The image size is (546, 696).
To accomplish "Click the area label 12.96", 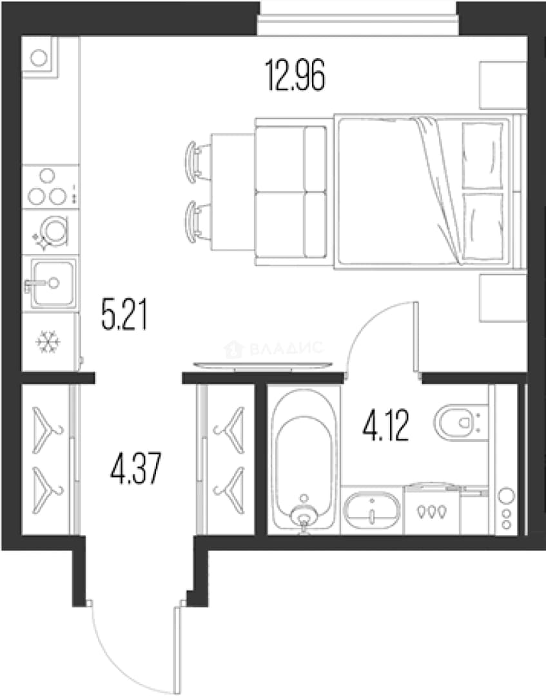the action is pyautogui.click(x=295, y=76).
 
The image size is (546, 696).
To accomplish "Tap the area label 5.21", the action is pyautogui.click(x=124, y=314).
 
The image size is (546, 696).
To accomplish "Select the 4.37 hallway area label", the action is pyautogui.click(x=135, y=468).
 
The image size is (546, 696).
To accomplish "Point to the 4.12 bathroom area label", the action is pyautogui.click(x=385, y=426).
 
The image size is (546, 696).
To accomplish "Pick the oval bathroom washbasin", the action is pyautogui.click(x=372, y=512).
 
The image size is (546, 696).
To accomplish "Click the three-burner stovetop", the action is pyautogui.click(x=51, y=188).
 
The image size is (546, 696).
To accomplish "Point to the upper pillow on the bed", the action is pyautogui.click(x=482, y=155).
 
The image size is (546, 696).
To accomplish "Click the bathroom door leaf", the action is pyautogui.click(x=416, y=340).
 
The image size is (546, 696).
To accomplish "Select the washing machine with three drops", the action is pyautogui.click(x=431, y=510).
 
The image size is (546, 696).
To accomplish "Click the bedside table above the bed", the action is pyautogui.click(x=503, y=85).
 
